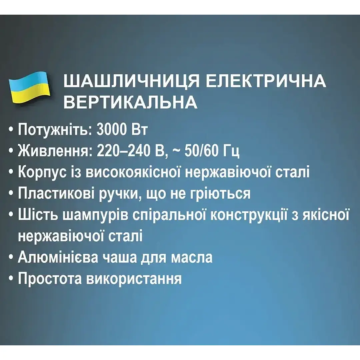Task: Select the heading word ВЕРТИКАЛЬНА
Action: [130, 102]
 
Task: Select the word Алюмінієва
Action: [58, 257]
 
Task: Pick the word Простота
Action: [50, 278]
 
